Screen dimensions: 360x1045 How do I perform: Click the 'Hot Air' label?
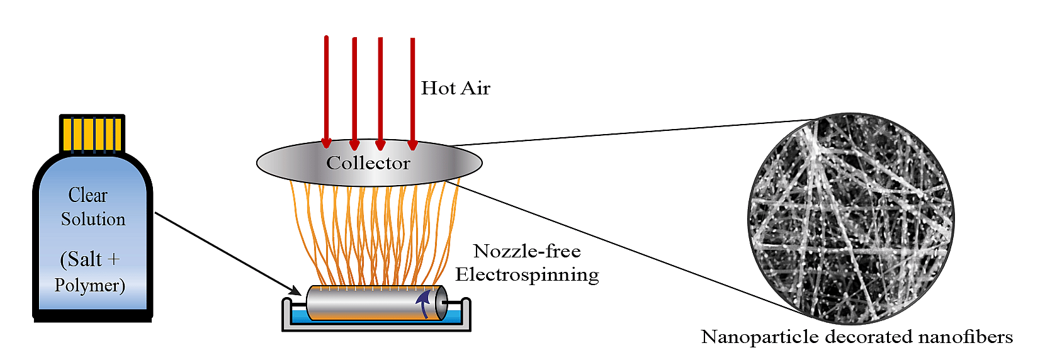(x=455, y=88)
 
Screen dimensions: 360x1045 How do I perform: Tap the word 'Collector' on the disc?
(x=368, y=163)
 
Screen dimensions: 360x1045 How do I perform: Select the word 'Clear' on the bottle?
(x=88, y=195)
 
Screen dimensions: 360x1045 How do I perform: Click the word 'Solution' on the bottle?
(x=93, y=219)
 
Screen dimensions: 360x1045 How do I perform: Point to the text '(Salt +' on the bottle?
(x=89, y=259)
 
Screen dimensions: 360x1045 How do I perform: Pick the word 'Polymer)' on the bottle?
(x=89, y=285)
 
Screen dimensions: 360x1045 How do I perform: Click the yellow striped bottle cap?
(x=92, y=133)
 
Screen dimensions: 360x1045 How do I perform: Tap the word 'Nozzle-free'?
(x=527, y=251)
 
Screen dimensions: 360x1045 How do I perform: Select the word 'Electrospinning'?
(x=527, y=274)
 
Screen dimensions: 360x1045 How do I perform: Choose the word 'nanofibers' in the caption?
(x=965, y=337)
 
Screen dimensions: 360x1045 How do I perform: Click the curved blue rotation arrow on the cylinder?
(x=425, y=303)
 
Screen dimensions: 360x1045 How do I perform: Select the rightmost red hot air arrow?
(x=412, y=94)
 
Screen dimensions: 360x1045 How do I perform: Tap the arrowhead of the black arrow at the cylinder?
(x=295, y=290)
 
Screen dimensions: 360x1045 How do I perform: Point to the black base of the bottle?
(x=93, y=318)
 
